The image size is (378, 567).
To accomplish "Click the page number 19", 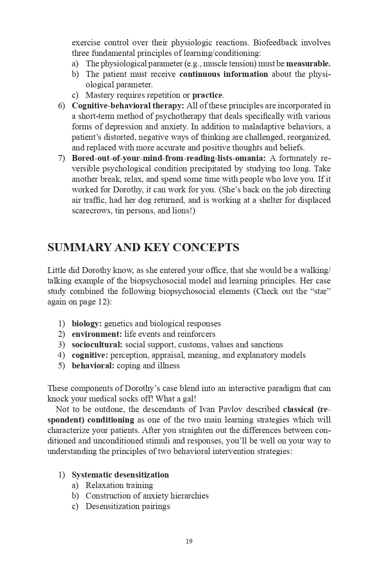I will (x=189, y=541).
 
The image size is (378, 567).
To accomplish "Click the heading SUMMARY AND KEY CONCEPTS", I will (x=143, y=247).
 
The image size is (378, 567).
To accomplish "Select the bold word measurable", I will (x=308, y=64).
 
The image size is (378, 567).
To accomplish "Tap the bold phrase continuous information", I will (x=223, y=74).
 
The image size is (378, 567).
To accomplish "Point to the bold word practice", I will (x=207, y=95).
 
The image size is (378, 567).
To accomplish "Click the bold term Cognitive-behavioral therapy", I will (x=128, y=106).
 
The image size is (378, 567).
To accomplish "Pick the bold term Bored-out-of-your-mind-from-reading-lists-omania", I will (x=168, y=158).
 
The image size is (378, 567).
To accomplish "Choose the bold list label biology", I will (x=87, y=324).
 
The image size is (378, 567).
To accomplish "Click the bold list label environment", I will (x=97, y=334).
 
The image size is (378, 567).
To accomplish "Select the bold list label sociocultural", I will (x=97, y=345).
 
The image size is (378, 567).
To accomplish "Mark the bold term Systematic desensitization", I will (x=120, y=475).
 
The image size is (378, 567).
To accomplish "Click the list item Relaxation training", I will (x=119, y=486).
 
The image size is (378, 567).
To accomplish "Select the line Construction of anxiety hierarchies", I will (x=147, y=496).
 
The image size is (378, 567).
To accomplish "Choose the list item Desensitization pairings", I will (x=128, y=507).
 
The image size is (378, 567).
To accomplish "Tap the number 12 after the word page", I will (x=102, y=302).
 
